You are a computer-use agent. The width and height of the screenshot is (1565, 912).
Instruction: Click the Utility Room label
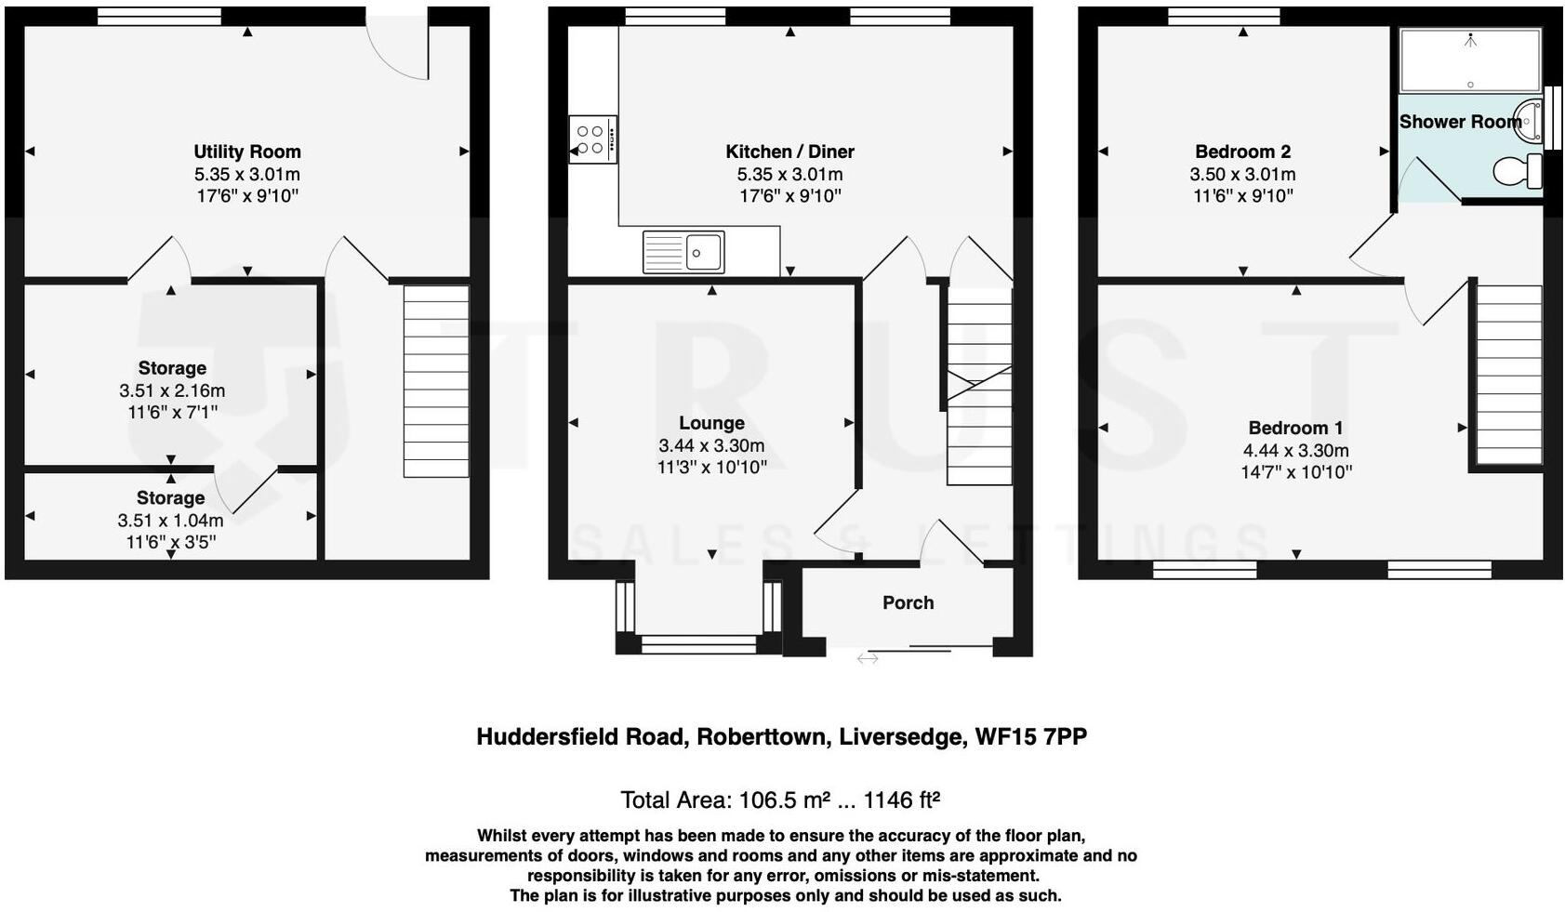246,152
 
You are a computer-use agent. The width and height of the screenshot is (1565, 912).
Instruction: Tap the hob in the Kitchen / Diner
591,139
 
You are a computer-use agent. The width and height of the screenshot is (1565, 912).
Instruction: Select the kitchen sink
683,252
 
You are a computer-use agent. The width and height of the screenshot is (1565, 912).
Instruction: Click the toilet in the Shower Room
1516,171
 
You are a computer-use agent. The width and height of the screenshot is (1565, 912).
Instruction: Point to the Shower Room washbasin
1528,121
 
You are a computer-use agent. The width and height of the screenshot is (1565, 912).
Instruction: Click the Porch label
908,602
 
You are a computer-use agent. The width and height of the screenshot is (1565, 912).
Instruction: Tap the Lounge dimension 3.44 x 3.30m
711,445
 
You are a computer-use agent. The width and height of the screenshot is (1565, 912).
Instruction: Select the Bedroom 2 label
1242,152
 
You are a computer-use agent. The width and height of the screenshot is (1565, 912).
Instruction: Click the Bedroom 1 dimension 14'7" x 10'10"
1295,472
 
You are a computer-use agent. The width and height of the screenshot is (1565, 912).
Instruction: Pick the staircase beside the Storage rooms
435,380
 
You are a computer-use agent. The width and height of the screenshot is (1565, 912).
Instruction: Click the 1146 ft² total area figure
901,800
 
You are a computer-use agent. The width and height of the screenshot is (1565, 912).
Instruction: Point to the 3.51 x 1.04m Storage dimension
170,521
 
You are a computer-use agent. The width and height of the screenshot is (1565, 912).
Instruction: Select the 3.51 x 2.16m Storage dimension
172,390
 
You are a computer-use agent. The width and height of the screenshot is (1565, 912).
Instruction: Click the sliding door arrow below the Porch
867,658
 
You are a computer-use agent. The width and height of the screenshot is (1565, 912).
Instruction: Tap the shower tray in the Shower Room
1469,60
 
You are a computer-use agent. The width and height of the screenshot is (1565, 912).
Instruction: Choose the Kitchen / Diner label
789,152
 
